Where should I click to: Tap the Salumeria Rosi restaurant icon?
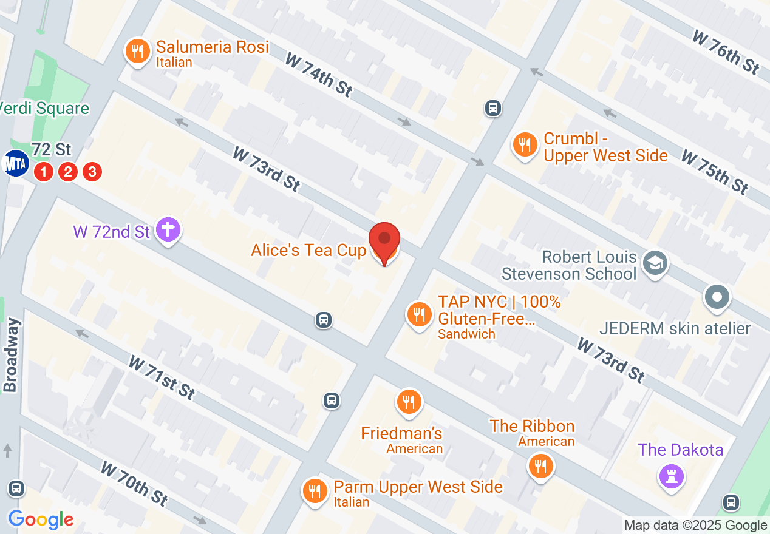point(138,51)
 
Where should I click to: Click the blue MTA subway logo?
point(16,163)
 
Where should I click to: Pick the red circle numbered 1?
point(44,172)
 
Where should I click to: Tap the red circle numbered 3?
point(92,172)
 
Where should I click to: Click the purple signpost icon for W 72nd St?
point(168,231)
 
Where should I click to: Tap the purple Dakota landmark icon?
point(672,476)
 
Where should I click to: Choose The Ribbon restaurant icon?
point(540,467)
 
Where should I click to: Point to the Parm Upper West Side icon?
point(314,490)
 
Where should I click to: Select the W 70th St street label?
point(134,484)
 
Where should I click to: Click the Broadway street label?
point(12,355)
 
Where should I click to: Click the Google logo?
point(41,519)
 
